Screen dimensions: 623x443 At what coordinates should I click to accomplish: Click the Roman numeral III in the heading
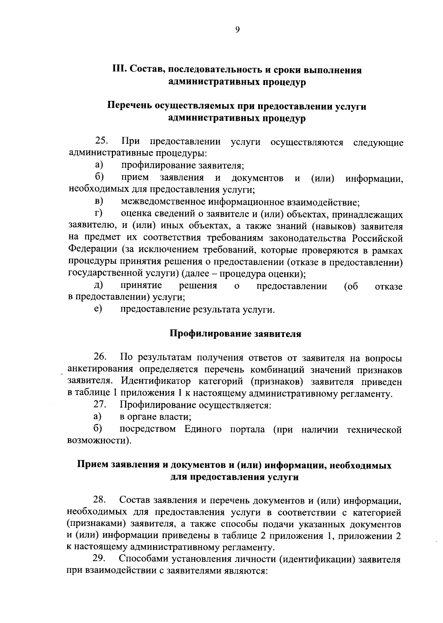coord(119,70)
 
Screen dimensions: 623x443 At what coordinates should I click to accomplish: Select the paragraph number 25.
coord(101,141)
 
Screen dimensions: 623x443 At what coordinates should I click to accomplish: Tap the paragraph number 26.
coord(100,357)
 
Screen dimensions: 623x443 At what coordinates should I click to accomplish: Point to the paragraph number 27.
coord(100,405)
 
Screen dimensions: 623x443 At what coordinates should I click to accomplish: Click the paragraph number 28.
coord(100,500)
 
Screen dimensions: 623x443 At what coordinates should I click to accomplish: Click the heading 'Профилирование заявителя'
coord(236,334)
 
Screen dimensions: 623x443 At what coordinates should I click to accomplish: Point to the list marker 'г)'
coord(98,214)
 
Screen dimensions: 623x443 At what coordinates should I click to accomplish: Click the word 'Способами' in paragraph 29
coord(145,559)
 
